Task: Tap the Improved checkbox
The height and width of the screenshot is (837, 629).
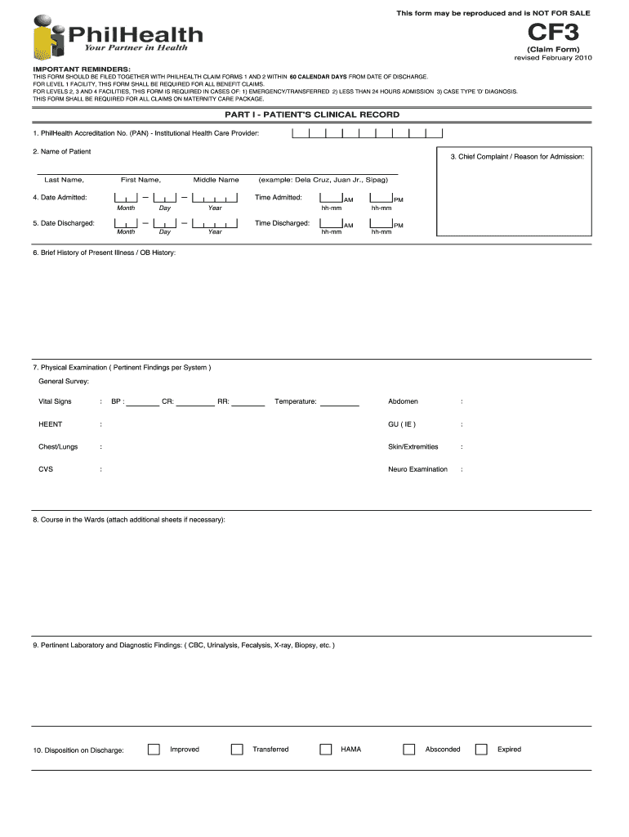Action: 154,750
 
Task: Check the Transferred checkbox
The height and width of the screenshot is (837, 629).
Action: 237,750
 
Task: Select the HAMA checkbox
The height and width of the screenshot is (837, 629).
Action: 326,750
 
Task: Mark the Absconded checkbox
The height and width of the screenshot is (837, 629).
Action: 409,750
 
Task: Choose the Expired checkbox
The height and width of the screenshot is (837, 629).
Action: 481,750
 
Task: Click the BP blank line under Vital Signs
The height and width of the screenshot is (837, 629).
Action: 143,402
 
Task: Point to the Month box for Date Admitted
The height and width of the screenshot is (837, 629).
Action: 126,197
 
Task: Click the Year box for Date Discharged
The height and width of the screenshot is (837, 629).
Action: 215,223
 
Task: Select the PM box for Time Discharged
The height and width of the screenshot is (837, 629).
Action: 381,223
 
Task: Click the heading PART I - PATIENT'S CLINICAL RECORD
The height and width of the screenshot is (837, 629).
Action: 312,115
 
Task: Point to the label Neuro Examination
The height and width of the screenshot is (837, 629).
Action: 417,469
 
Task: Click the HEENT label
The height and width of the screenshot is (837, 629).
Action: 51,424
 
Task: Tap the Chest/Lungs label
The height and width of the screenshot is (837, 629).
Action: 59,447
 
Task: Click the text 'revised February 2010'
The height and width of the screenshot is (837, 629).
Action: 552,58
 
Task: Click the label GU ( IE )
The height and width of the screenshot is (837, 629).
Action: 402,424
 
